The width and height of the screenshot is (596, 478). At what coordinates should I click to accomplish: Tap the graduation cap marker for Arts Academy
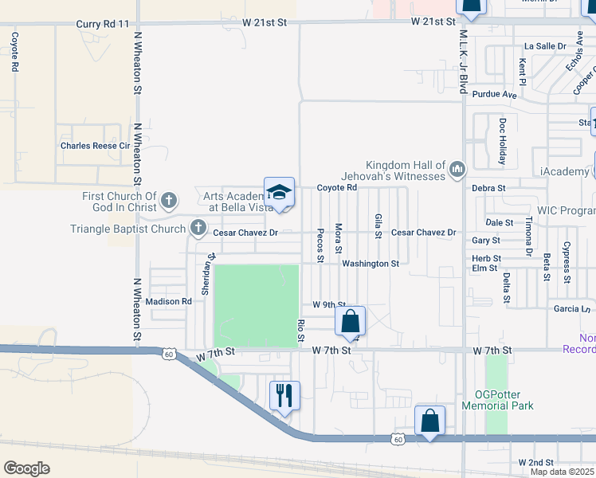coord(279,193)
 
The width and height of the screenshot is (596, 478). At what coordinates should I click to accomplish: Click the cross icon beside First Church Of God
coord(168,199)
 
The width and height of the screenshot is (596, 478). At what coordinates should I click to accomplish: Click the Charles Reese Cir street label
coord(95,146)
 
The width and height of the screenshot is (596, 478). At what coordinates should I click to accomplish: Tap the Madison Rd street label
coord(169,301)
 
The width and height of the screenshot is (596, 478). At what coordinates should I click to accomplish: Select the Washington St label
coord(371,263)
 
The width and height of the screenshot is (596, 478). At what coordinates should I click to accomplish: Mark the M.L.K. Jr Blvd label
coord(462,61)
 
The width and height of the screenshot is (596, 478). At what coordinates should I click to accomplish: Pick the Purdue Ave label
coord(494,94)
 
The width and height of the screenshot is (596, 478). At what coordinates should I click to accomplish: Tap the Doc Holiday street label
coord(502,142)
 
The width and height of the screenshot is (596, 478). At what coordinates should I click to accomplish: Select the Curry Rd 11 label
coord(101,24)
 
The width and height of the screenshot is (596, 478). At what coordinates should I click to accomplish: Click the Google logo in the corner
coord(26,468)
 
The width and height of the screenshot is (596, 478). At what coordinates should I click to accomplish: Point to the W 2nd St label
coord(535,462)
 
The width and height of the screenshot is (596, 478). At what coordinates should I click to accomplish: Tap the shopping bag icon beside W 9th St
coord(350,322)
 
